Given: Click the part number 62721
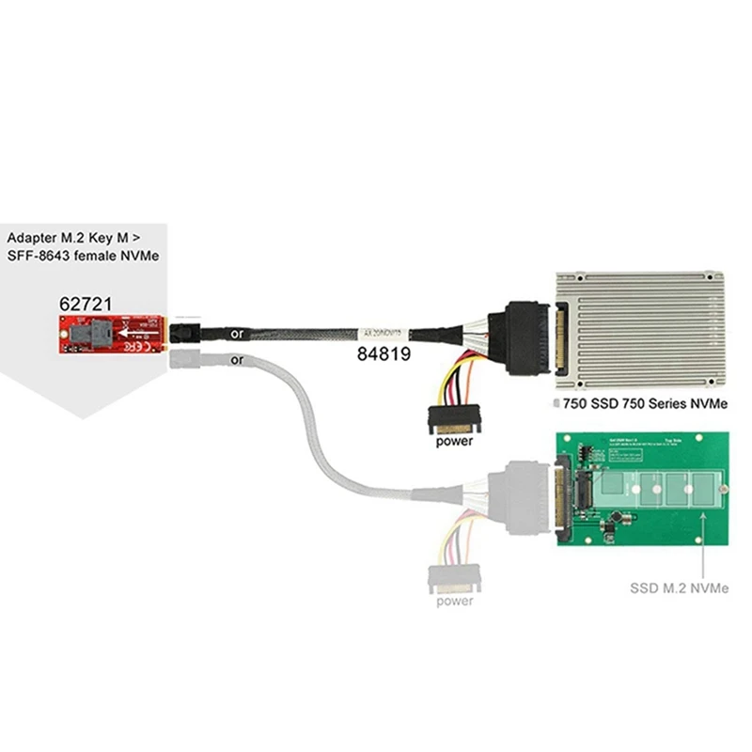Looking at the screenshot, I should [x=86, y=304].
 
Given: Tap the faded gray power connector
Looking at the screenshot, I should [x=454, y=574].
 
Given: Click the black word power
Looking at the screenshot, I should [x=455, y=439].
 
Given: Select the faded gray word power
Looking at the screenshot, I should [x=455, y=601].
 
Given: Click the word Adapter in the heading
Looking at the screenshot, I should [x=33, y=237].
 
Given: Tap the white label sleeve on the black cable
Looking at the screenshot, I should [x=384, y=332].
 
